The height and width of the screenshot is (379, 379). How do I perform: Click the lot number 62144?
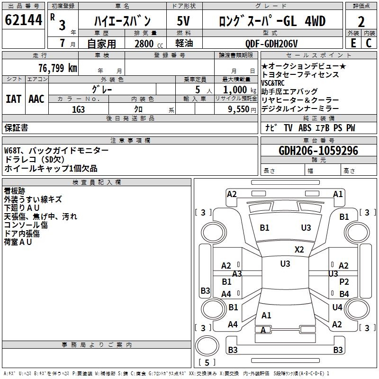pos(23,20)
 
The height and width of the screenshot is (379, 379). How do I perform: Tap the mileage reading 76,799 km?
pos(57,68)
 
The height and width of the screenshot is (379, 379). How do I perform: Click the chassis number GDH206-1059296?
pos(318,151)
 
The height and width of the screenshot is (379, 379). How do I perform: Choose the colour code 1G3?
pos(78,109)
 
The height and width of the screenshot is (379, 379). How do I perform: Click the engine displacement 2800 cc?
pos(146,44)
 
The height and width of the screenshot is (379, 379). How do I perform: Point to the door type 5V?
pos(183,21)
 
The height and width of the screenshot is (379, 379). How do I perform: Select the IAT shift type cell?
pos(13,99)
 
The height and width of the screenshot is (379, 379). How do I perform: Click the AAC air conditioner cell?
pos(36,99)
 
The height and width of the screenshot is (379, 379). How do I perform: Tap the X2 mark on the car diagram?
pos(299,249)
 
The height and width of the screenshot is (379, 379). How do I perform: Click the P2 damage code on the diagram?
pos(344,281)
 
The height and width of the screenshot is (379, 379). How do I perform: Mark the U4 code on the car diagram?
pos(337,307)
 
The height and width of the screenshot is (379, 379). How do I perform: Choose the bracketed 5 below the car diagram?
pos(207,362)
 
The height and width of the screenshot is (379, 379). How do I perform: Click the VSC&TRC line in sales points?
pos(274,83)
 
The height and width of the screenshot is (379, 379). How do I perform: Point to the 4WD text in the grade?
pos(315,21)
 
